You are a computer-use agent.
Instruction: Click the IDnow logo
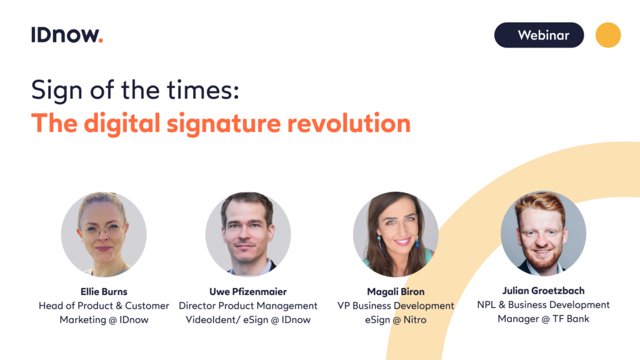pos(67,35)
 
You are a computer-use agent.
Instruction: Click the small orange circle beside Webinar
pos(608,35)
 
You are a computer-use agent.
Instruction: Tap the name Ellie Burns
pos(104,291)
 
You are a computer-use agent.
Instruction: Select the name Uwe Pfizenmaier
pos(248,291)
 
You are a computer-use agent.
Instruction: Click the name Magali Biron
pos(396,291)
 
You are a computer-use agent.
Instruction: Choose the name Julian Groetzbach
pos(543,291)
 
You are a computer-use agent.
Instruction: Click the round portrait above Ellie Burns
pos(104,234)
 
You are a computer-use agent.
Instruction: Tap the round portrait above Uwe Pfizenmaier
pos(248,234)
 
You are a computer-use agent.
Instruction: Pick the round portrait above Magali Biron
pos(396,234)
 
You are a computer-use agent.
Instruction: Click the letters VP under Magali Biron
pos(344,306)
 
